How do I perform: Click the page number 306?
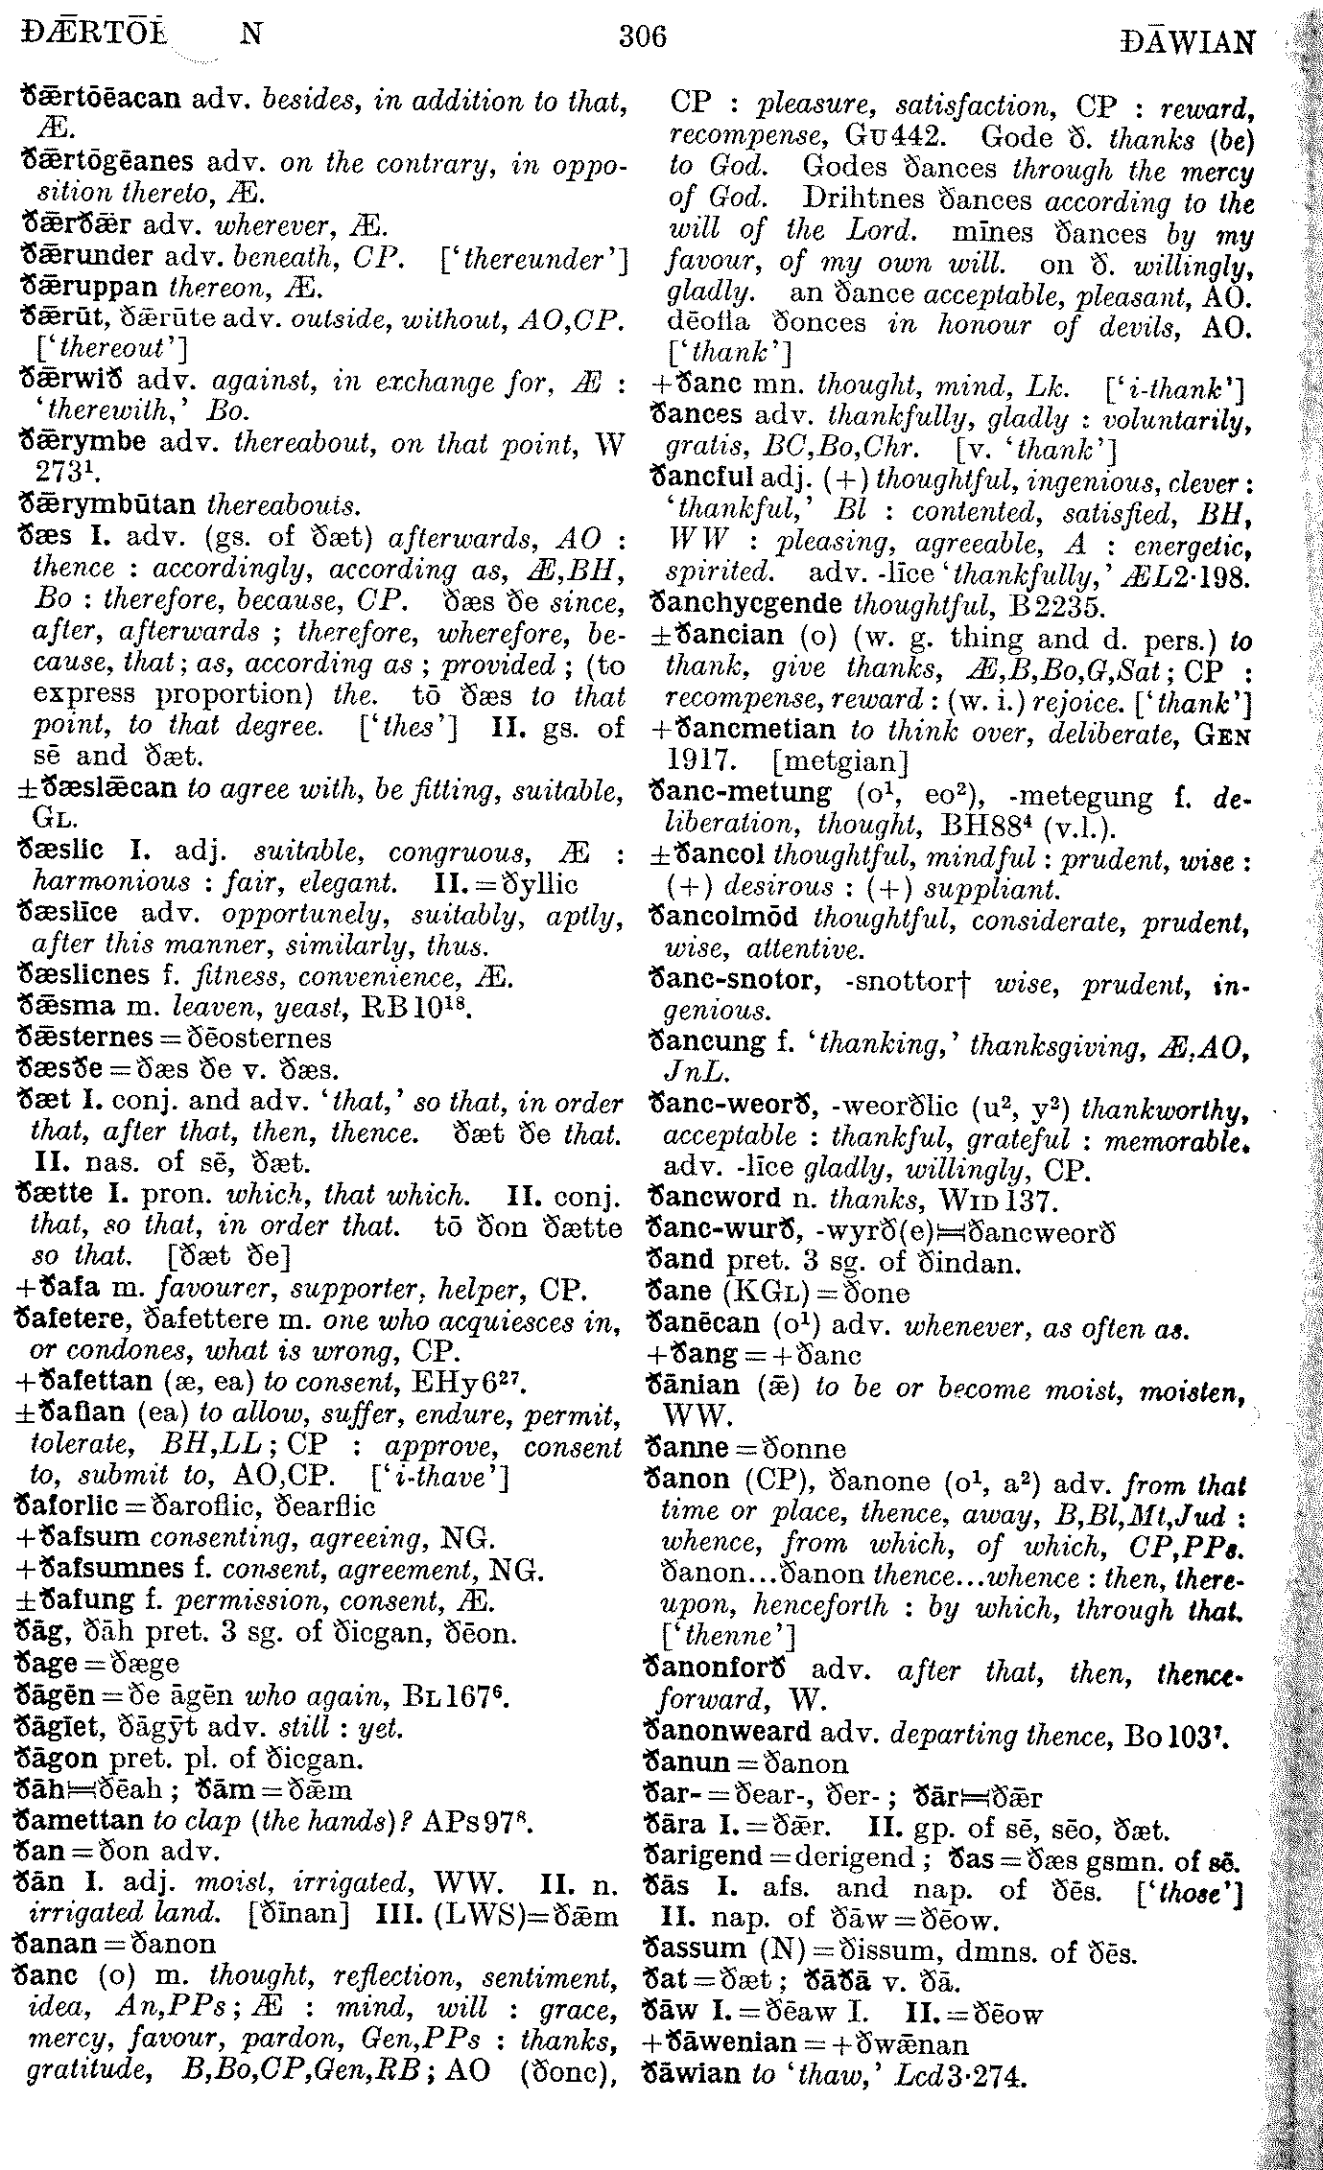[642, 37]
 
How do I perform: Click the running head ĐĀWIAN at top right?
[1187, 42]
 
